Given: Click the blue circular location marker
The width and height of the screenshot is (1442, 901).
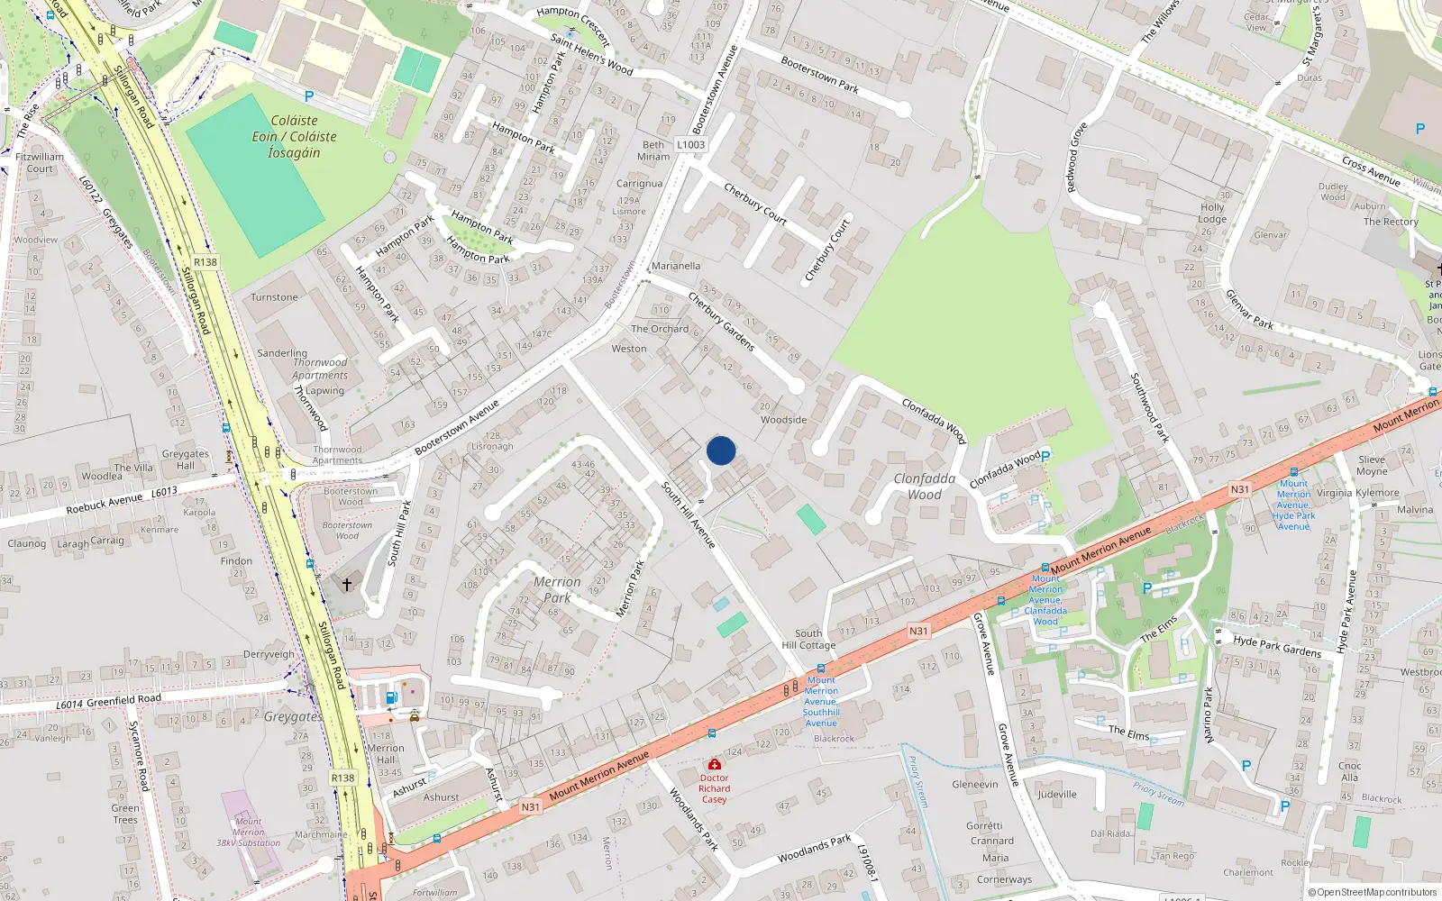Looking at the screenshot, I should pyautogui.click(x=721, y=450).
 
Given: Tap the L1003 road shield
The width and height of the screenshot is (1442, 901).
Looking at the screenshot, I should pyautogui.click(x=691, y=144).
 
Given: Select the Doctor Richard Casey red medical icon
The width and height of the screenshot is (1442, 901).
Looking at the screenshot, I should pyautogui.click(x=715, y=764).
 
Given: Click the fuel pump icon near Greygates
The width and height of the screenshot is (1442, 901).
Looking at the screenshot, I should pyautogui.click(x=391, y=696).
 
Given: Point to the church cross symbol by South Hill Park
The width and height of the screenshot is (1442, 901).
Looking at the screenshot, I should pyautogui.click(x=347, y=585).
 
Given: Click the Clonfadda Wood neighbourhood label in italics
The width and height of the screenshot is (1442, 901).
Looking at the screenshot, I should pyautogui.click(x=925, y=487).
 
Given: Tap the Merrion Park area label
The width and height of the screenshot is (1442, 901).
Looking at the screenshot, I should pyautogui.click(x=557, y=590).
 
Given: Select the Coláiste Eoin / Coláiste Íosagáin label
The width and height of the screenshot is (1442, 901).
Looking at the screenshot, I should pyautogui.click(x=294, y=137).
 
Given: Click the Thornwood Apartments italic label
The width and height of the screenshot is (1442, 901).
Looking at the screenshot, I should pyautogui.click(x=320, y=369).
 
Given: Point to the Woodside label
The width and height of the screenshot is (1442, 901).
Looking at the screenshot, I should pyautogui.click(x=783, y=420).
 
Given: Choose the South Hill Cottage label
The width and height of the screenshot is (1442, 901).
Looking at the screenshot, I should pyautogui.click(x=808, y=640).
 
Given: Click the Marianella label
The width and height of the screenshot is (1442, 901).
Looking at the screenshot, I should pyautogui.click(x=676, y=266).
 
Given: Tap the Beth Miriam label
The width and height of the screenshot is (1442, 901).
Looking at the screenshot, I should pyautogui.click(x=653, y=150).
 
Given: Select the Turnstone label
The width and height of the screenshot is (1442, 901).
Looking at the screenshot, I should pyautogui.click(x=274, y=297).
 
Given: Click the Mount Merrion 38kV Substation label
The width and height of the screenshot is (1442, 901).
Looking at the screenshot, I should pyautogui.click(x=249, y=833).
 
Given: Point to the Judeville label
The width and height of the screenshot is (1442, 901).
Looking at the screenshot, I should pyautogui.click(x=1057, y=795).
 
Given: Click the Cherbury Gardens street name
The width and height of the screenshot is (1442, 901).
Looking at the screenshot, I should pyautogui.click(x=721, y=321).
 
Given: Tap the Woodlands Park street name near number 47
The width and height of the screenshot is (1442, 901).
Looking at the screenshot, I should pyautogui.click(x=814, y=849).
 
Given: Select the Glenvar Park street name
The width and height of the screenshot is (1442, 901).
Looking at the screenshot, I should pyautogui.click(x=1249, y=309).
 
